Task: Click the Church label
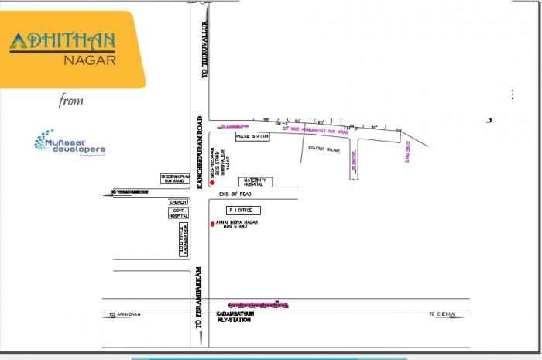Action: (179, 201)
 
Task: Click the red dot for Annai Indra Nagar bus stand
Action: (212, 224)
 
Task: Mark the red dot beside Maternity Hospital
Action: (202, 183)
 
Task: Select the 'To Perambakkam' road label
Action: (199, 299)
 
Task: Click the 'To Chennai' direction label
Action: (443, 314)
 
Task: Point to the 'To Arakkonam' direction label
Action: (123, 314)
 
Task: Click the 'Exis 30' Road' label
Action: (236, 194)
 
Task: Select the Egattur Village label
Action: (323, 149)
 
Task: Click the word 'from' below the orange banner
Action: (70, 101)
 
